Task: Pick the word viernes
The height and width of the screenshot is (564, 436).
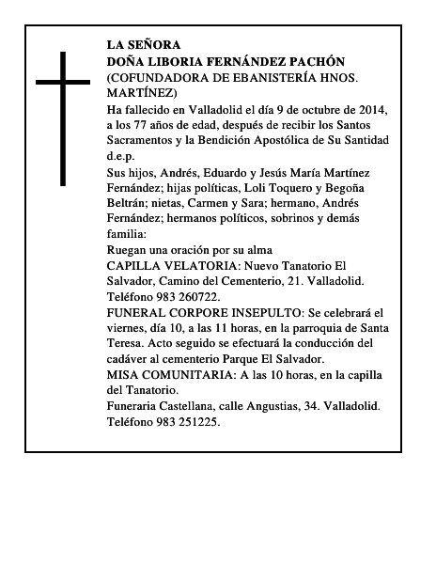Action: pyautogui.click(x=130, y=328)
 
